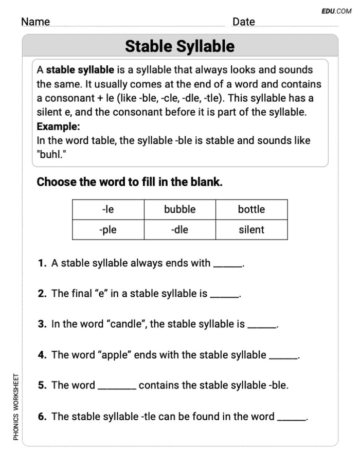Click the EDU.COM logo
point(337,10)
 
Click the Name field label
point(35,22)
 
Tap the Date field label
point(243,22)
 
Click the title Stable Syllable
point(179,46)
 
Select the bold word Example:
point(58,127)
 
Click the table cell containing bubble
point(179,209)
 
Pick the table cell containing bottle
point(251,209)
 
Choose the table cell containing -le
point(108,209)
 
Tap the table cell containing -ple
point(108,230)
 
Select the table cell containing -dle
point(179,230)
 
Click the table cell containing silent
point(251,230)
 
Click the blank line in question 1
point(227,265)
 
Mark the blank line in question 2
point(224,296)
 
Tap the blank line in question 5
point(117,388)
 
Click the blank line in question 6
point(291,419)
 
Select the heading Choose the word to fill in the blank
point(130,182)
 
